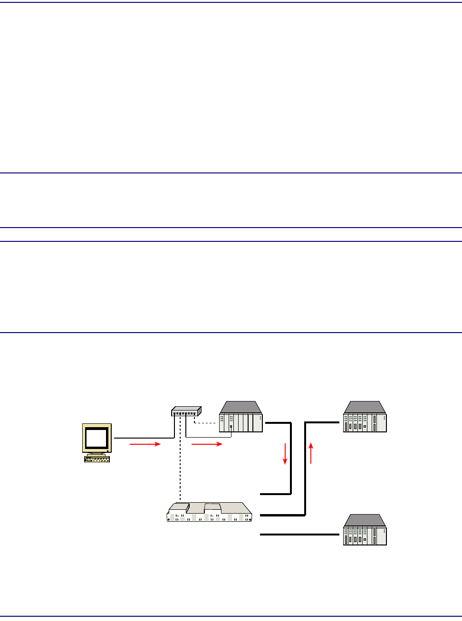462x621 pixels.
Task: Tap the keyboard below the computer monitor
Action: [97, 459]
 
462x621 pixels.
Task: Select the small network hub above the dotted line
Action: [186, 411]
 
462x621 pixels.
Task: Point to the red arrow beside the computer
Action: [145, 445]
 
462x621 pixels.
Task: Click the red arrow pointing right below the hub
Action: [207, 445]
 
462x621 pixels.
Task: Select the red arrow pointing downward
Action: [285, 454]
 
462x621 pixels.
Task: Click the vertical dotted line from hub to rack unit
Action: [180, 470]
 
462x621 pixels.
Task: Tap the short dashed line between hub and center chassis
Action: [205, 423]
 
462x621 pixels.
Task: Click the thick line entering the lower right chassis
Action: [299, 535]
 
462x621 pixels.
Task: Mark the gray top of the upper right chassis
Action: [365, 407]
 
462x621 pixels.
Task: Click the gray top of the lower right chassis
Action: [365, 520]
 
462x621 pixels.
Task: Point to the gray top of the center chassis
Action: [241, 407]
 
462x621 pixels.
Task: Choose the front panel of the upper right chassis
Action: [365, 423]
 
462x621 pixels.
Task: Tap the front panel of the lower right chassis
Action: [365, 536]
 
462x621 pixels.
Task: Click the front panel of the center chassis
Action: [241, 423]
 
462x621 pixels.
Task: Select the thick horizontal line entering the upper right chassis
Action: [323, 422]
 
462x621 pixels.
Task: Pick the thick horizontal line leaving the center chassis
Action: [278, 422]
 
